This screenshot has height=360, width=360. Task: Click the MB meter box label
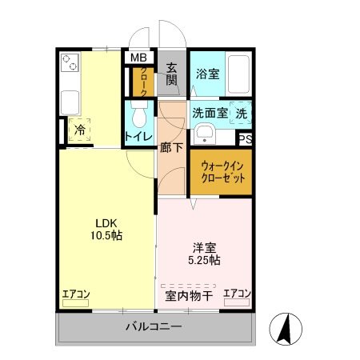click(x=139, y=57)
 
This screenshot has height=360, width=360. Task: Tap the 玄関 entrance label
click(x=170, y=73)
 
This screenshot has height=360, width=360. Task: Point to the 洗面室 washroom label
click(x=210, y=114)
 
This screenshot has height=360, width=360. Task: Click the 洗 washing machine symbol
click(x=242, y=114)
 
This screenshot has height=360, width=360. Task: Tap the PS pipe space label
click(x=246, y=138)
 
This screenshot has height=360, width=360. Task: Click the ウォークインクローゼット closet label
click(x=221, y=171)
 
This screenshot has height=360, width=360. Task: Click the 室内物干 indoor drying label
click(x=189, y=296)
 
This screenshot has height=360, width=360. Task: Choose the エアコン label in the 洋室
click(x=238, y=294)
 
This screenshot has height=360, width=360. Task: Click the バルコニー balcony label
click(x=154, y=326)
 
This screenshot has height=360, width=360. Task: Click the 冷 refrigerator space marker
click(x=80, y=129)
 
